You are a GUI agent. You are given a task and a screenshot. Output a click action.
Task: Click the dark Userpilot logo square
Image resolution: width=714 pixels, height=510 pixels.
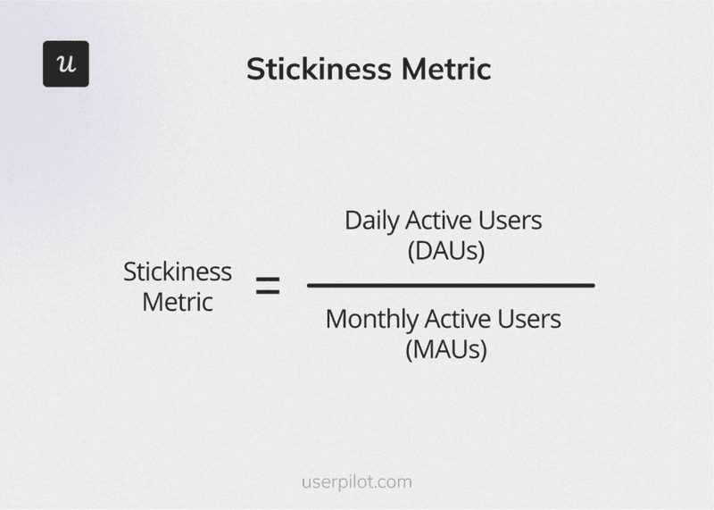(x=66, y=64)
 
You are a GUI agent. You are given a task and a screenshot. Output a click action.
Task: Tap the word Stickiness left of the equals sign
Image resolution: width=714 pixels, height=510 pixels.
(x=178, y=272)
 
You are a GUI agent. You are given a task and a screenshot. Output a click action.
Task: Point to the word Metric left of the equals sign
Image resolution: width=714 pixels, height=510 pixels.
(x=178, y=302)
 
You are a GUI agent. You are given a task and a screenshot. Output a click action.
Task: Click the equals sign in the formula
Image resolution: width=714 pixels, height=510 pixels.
(x=268, y=287)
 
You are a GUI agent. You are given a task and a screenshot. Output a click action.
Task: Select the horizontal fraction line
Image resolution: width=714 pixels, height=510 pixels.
(x=451, y=286)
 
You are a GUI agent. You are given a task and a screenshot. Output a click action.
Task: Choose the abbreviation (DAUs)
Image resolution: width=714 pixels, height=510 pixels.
(x=446, y=251)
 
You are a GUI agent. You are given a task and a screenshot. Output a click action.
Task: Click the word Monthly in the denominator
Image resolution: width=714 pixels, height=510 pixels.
(x=371, y=319)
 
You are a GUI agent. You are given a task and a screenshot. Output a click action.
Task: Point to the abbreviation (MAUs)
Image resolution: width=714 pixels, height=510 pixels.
(x=446, y=348)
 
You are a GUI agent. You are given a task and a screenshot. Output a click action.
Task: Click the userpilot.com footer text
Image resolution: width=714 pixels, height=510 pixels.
(x=356, y=482)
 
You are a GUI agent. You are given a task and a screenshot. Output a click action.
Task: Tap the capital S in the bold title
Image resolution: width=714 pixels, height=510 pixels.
(x=255, y=70)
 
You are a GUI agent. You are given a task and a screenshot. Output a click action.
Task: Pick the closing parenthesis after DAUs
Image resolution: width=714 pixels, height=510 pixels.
(x=480, y=252)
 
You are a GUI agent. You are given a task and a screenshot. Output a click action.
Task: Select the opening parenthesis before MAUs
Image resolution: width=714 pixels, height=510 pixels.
(x=409, y=349)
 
